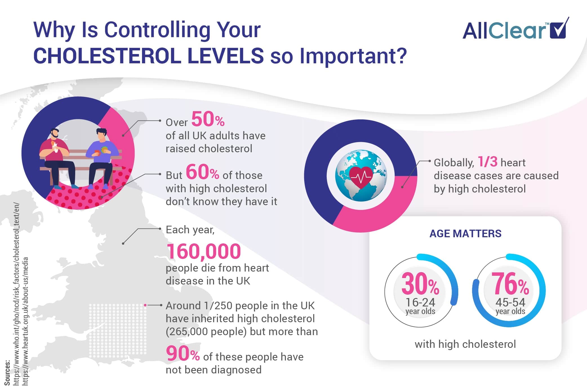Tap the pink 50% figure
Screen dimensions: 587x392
tap(208, 119)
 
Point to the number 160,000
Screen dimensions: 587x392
tap(204, 251)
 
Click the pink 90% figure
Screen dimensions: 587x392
tap(183, 353)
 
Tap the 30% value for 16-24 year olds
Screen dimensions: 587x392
tap(420, 284)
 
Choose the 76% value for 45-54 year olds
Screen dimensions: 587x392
tap(510, 284)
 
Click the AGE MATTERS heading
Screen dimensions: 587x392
tap(465, 234)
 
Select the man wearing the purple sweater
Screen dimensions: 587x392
tap(101, 158)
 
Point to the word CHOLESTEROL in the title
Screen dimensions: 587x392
tap(108, 55)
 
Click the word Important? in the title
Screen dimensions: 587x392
tap(353, 56)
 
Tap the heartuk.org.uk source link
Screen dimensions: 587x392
tap(25, 321)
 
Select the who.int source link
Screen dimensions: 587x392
tap(17, 294)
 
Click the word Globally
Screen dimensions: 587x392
tap(454, 163)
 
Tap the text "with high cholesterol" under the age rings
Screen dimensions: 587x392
tap(465, 344)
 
